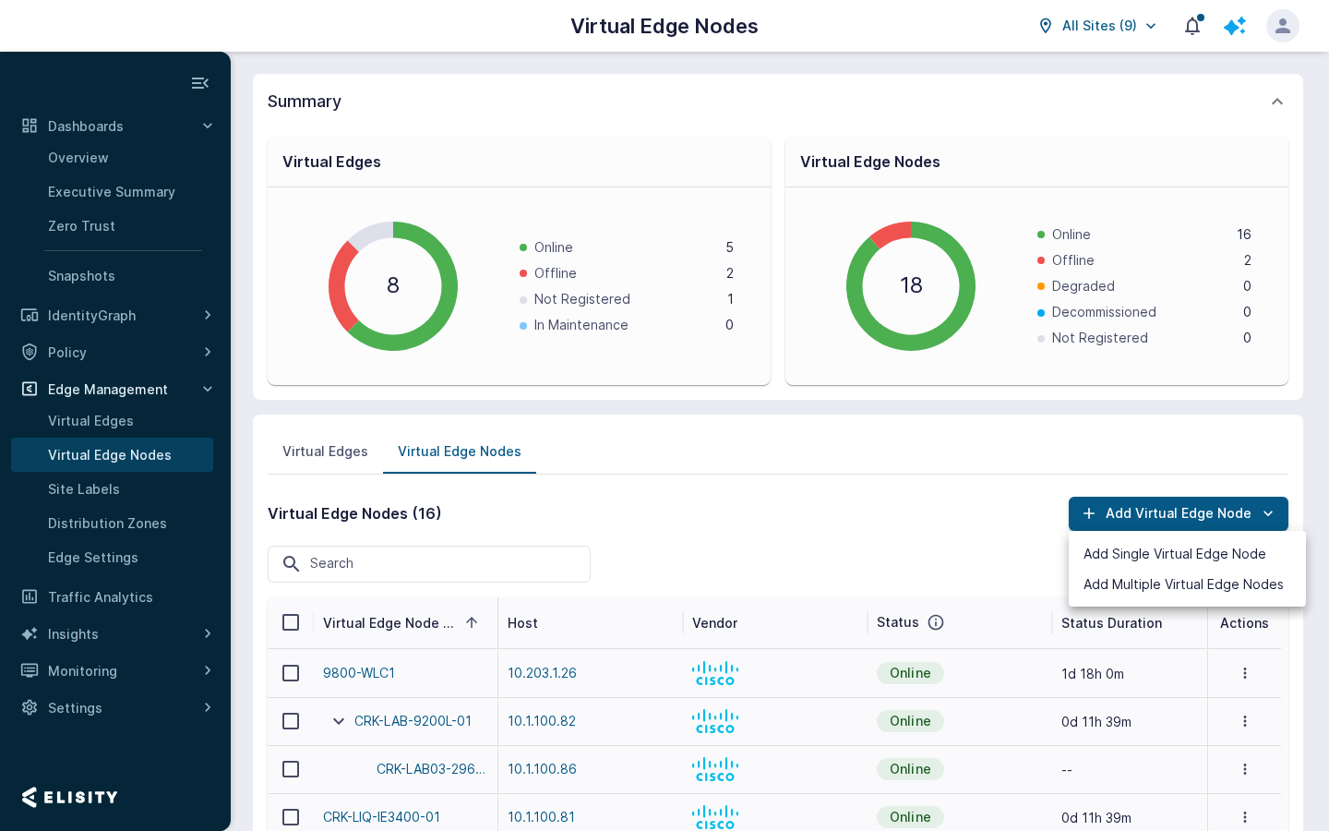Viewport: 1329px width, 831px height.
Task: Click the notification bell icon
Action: [1192, 26]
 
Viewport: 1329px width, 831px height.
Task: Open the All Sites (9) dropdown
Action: [1097, 26]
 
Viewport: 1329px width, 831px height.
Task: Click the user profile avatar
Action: [1282, 26]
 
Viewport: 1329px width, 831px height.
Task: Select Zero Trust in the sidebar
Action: [81, 226]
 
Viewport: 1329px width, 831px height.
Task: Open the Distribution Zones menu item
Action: [107, 524]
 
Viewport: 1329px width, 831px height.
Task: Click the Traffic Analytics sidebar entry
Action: [101, 597]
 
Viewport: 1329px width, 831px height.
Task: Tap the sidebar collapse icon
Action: [200, 83]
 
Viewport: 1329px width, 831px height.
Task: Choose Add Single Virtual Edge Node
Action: [1174, 554]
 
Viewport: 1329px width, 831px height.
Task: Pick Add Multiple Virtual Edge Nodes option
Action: [1183, 584]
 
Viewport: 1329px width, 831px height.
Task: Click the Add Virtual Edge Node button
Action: [1178, 513]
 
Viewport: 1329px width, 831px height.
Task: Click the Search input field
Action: [429, 563]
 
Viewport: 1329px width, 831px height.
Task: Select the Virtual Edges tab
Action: [325, 452]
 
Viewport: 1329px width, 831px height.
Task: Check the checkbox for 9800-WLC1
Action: [291, 673]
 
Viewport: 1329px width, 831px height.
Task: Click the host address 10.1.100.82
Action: [542, 721]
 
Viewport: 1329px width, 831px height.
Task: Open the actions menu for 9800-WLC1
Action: [1245, 673]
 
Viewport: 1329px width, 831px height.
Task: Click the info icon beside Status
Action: [936, 622]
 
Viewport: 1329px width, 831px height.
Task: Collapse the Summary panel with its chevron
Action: [1276, 102]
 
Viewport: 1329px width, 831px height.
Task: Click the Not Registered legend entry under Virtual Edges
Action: [581, 299]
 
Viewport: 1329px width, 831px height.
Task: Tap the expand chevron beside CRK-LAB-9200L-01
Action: [338, 721]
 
